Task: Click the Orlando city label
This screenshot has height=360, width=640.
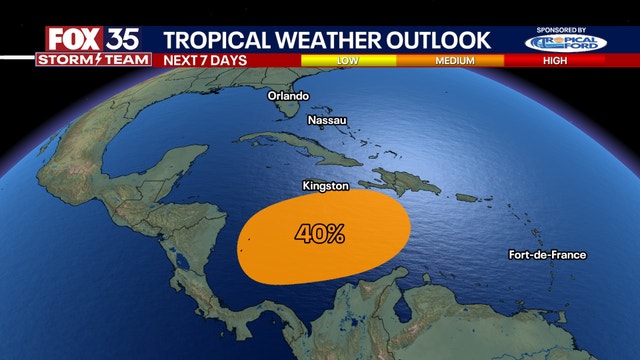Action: (289, 96)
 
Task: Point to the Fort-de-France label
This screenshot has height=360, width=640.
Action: (546, 255)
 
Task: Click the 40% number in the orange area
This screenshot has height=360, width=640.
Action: (320, 235)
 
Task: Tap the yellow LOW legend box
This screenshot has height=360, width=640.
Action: (348, 60)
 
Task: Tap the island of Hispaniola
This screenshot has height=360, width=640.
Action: (400, 183)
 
